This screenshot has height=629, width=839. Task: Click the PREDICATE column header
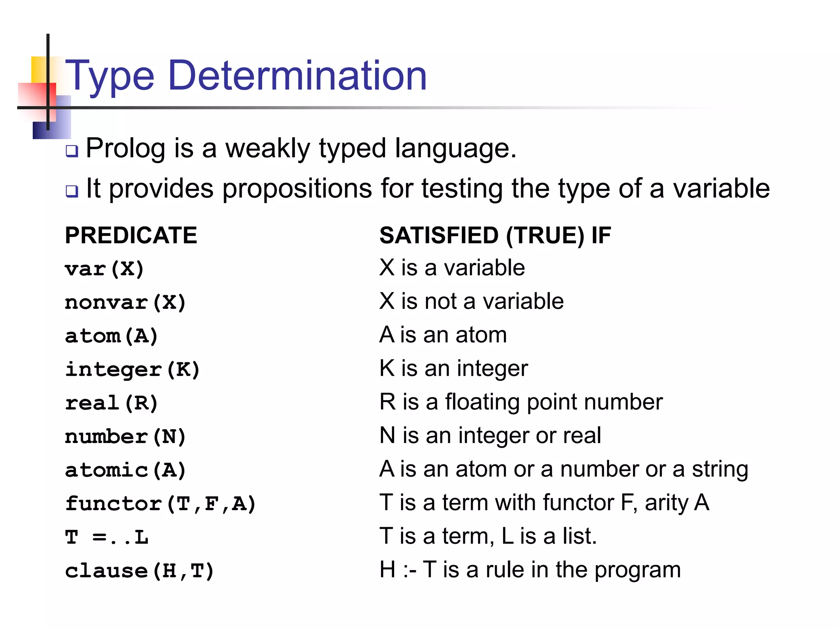click(x=131, y=235)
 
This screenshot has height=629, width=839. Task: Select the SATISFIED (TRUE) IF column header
click(x=495, y=235)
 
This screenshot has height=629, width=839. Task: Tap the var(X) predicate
click(x=104, y=269)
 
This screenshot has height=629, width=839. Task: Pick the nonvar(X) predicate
click(x=125, y=303)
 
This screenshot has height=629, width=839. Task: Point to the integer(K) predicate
click(x=132, y=369)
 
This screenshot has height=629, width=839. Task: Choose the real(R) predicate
click(x=111, y=403)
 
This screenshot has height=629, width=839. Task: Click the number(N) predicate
click(x=125, y=437)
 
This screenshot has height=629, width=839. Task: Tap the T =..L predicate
click(x=107, y=537)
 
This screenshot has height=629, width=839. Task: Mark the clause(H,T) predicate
click(x=139, y=570)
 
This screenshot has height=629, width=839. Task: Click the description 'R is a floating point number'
click(x=521, y=402)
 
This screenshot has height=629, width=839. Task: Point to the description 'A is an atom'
click(x=443, y=335)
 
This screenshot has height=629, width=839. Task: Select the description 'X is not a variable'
click(x=471, y=301)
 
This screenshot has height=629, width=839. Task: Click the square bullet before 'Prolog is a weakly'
click(x=72, y=151)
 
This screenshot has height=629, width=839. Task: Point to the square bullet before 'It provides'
click(x=72, y=191)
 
